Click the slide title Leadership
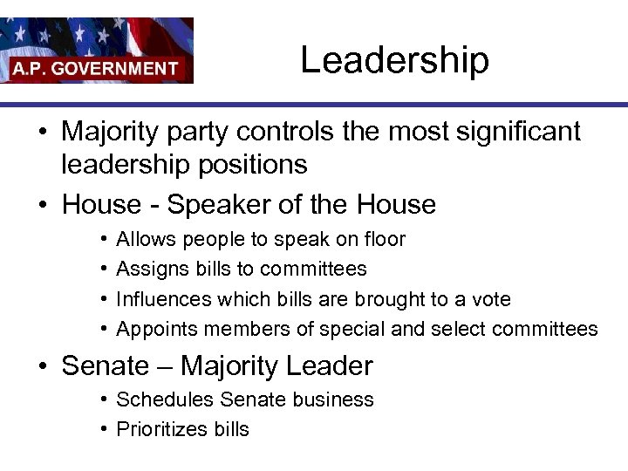[394, 60]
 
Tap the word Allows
[146, 239]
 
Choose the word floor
[385, 239]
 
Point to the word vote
[488, 299]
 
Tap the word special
[349, 330]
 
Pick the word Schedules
[166, 399]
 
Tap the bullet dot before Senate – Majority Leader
[42, 366]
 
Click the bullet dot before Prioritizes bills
[103, 429]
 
